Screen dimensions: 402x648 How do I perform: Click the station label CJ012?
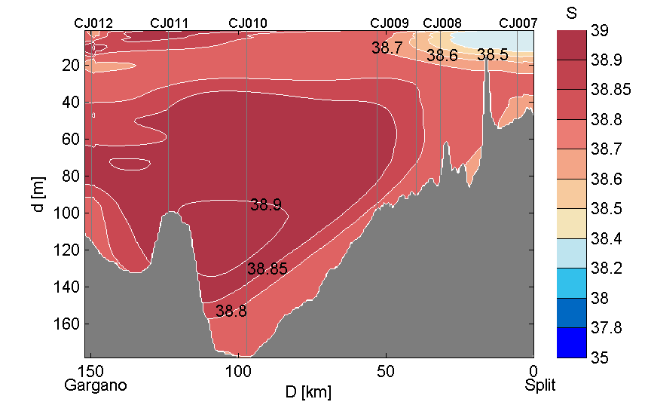93,23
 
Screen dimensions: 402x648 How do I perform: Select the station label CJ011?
169,23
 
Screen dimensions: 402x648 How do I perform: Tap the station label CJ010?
247,23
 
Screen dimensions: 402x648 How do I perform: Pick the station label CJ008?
442,23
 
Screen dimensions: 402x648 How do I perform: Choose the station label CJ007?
518,23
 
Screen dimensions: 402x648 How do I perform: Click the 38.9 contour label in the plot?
266,205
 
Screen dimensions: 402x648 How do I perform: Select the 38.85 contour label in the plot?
267,269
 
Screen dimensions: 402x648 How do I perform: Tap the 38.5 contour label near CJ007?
493,55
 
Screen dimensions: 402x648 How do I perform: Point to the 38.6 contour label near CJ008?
442,56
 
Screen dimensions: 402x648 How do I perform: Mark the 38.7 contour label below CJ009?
387,48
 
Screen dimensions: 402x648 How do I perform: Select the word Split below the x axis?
540,385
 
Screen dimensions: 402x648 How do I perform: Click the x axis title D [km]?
307,392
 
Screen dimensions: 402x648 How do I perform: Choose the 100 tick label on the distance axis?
239,371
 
